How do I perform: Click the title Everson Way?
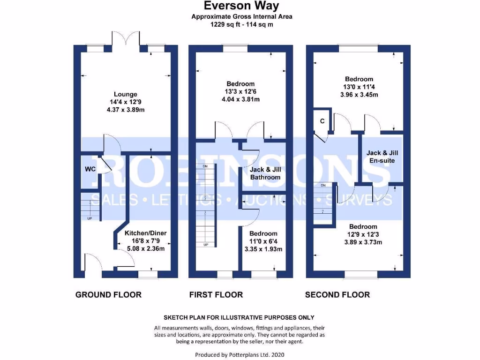coord(241,6)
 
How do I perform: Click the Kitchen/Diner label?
coord(145,233)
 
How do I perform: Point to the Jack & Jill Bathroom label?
coord(265,173)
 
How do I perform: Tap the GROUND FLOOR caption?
coord(108,295)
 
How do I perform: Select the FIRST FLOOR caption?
coord(216,295)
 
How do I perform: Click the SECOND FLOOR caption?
coord(337,295)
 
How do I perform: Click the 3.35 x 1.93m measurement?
coord(263,249)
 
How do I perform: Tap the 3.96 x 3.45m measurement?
coord(359,95)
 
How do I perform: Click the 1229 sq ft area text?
coord(228,25)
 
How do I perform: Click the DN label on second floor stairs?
coord(323,186)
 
